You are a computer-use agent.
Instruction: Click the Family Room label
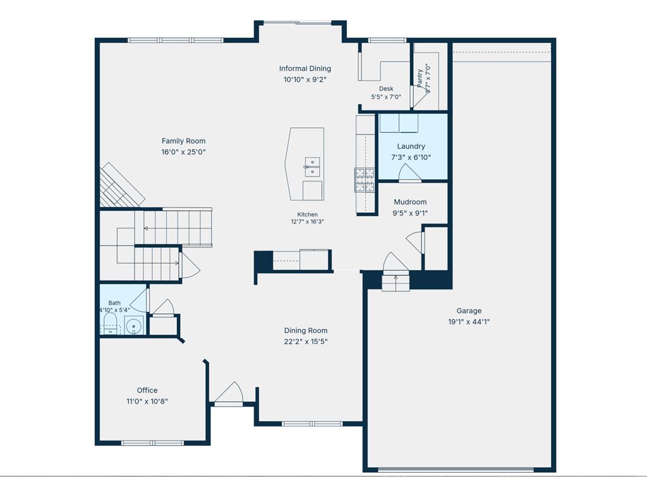(183, 141)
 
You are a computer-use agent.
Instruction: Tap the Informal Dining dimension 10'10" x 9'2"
(305, 79)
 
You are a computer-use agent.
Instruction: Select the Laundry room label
(411, 146)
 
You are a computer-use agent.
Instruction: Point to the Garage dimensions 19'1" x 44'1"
(469, 321)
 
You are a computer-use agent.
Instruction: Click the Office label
(147, 390)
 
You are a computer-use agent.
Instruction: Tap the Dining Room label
(306, 330)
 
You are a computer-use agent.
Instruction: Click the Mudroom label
(410, 202)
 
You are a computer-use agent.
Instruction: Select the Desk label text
(386, 89)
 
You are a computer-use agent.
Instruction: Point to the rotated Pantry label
(420, 78)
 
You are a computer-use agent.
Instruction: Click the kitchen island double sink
(312, 166)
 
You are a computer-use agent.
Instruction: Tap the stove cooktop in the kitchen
(365, 180)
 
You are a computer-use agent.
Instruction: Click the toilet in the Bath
(110, 323)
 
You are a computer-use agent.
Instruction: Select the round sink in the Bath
(134, 325)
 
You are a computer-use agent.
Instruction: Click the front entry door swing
(229, 392)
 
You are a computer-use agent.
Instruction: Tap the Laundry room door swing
(409, 173)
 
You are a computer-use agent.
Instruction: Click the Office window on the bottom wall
(153, 443)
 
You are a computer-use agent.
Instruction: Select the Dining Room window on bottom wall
(312, 423)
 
